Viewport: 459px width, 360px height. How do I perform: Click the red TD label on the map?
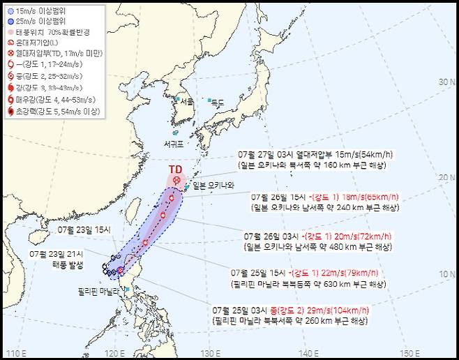(x=176, y=169)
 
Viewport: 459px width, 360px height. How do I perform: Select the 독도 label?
(x=218, y=103)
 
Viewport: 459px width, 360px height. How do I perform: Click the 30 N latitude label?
(x=445, y=82)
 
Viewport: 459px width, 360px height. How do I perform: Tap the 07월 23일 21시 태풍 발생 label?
(x=57, y=259)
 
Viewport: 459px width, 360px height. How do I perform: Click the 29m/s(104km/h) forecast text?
(x=337, y=309)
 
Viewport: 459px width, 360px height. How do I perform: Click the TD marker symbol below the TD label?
(x=176, y=181)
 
